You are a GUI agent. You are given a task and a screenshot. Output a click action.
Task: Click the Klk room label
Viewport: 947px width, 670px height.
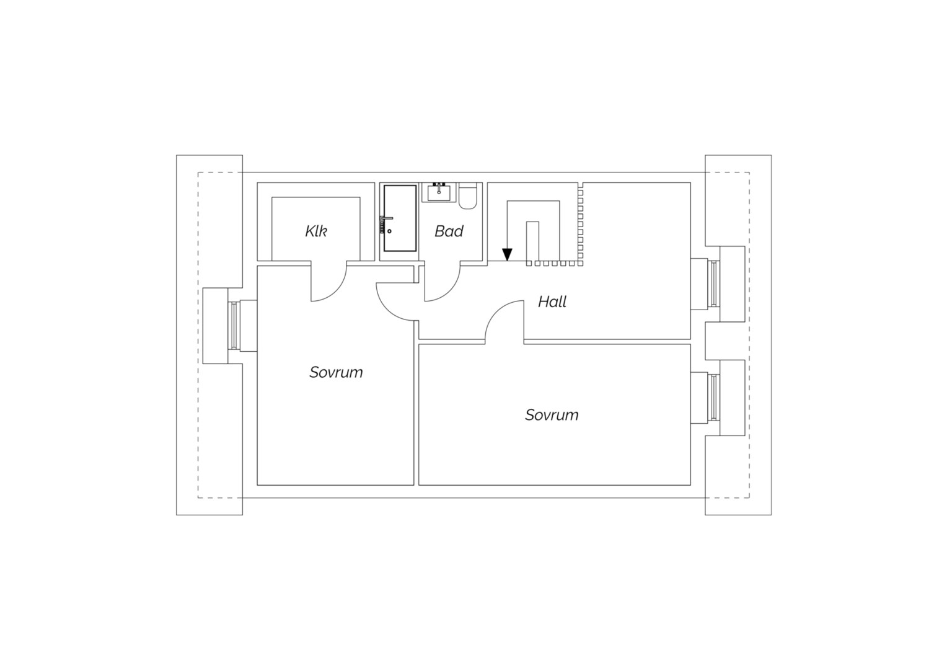pyautogui.click(x=316, y=231)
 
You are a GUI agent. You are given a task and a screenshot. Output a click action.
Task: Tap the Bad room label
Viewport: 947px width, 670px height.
pyautogui.click(x=449, y=231)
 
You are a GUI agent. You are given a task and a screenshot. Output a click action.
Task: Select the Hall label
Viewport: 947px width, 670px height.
pyautogui.click(x=552, y=301)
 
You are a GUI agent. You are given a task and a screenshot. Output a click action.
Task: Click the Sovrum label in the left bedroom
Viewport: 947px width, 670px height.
pyautogui.click(x=336, y=372)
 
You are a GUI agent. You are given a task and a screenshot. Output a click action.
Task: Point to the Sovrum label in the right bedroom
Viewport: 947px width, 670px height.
pyautogui.click(x=552, y=415)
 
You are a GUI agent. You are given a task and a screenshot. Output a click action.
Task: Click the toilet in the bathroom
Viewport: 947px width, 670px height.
pyautogui.click(x=467, y=195)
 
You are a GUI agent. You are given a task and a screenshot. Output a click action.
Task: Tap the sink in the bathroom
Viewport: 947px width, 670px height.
pyautogui.click(x=439, y=192)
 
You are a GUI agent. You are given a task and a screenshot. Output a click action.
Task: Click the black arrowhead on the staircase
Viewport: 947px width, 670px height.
pyautogui.click(x=508, y=254)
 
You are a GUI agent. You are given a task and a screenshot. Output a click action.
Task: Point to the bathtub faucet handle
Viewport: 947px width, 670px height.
pyautogui.click(x=386, y=219)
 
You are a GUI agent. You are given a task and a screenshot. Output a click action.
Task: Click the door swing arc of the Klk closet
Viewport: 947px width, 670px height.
pyautogui.click(x=335, y=290)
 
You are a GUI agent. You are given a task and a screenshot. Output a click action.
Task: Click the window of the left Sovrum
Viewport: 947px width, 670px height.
pyautogui.click(x=234, y=326)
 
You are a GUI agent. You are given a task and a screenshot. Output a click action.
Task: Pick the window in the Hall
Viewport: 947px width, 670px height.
pyautogui.click(x=714, y=284)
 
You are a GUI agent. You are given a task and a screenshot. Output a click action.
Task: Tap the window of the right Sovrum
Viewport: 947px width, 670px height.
pyautogui.click(x=714, y=398)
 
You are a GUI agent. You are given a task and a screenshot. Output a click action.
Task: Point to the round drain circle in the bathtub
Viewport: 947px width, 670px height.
pyautogui.click(x=389, y=231)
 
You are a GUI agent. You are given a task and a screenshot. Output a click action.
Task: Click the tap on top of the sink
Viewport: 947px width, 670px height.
pyautogui.click(x=439, y=187)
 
